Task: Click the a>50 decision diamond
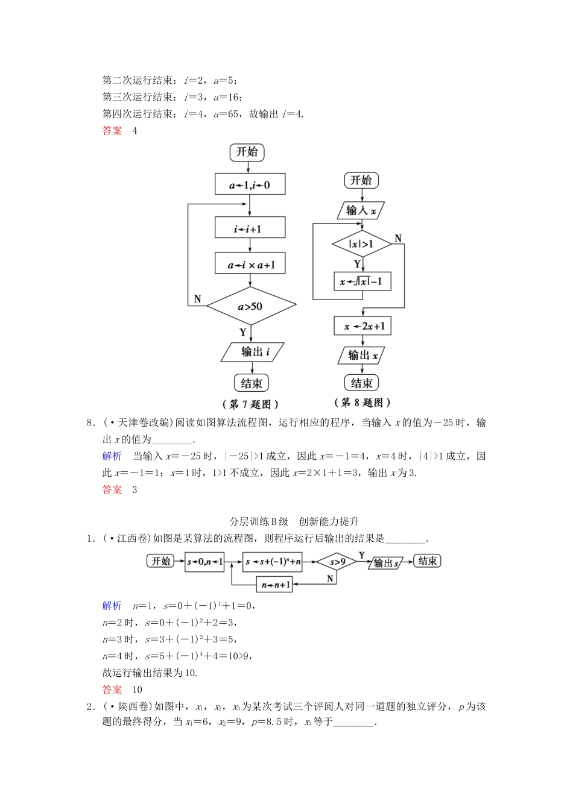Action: click(x=251, y=306)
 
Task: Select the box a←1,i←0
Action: click(x=250, y=185)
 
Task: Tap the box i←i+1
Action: click(x=250, y=228)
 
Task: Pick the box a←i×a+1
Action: click(x=250, y=264)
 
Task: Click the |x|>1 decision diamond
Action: click(x=362, y=244)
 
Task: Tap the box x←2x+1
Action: click(x=362, y=326)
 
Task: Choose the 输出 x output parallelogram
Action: click(x=362, y=355)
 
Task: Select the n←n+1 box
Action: click(x=275, y=584)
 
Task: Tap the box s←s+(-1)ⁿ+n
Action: click(x=273, y=562)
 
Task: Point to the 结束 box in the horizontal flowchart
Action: click(x=427, y=561)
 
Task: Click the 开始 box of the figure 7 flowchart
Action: click(x=247, y=152)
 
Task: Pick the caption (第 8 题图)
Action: click(x=362, y=403)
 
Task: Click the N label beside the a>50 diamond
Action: click(x=197, y=299)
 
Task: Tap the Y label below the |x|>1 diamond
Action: click(x=357, y=264)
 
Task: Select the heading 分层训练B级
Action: click(x=259, y=521)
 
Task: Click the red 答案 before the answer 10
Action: click(x=112, y=689)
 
